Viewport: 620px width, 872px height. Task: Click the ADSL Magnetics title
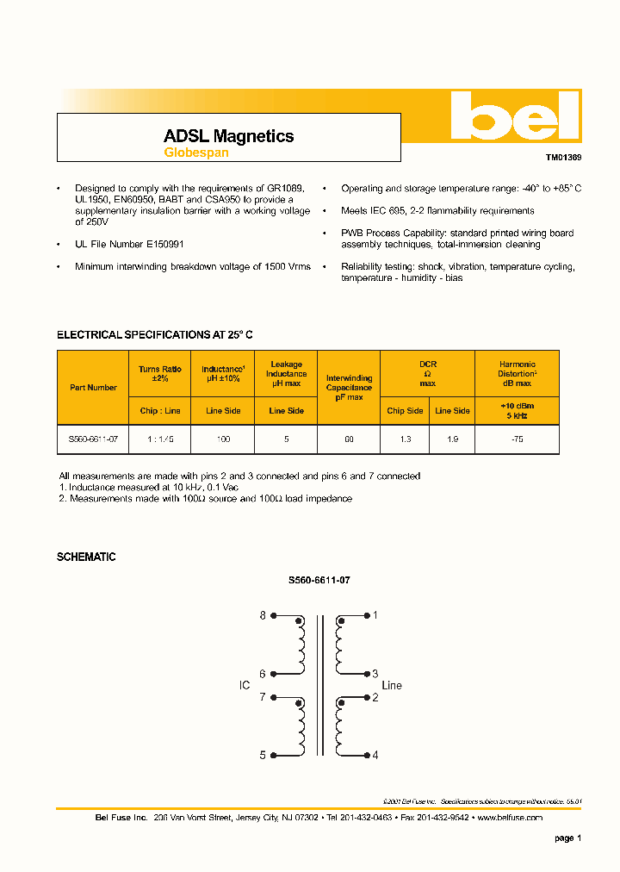[228, 136]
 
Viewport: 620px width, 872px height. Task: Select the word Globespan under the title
[195, 153]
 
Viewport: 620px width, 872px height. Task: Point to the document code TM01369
[563, 159]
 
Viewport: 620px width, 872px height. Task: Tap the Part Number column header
[93, 388]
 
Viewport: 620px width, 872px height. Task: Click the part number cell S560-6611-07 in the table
[93, 439]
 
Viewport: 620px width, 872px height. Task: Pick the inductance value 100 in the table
[223, 439]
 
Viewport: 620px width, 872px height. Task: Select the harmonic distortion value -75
[517, 439]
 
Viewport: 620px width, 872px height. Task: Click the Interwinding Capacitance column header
[349, 388]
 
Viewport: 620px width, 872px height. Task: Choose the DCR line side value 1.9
[452, 439]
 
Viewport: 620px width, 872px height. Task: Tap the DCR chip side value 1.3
[405, 439]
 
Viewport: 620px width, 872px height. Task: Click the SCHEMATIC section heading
[86, 557]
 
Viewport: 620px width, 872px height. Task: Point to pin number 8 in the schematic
[263, 615]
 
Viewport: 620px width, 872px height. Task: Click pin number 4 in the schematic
[375, 755]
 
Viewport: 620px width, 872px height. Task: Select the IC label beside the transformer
[244, 686]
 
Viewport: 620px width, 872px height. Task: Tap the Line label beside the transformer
[392, 686]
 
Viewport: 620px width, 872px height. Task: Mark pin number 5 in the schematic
[263, 755]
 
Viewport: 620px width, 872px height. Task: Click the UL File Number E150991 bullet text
[129, 245]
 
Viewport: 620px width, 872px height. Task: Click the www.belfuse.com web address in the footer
[509, 817]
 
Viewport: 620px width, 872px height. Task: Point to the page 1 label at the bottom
[567, 838]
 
